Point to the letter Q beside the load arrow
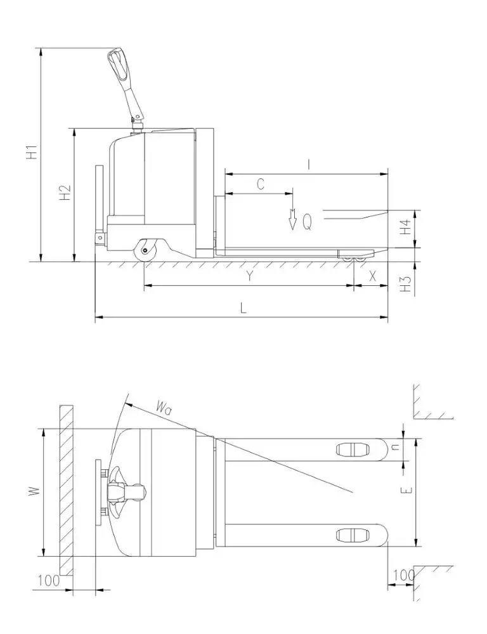(307, 222)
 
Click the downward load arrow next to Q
(292, 219)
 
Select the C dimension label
(260, 184)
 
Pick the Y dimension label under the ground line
(250, 276)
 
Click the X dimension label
(372, 276)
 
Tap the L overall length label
(243, 307)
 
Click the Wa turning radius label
(164, 406)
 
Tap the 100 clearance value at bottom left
(48, 579)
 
